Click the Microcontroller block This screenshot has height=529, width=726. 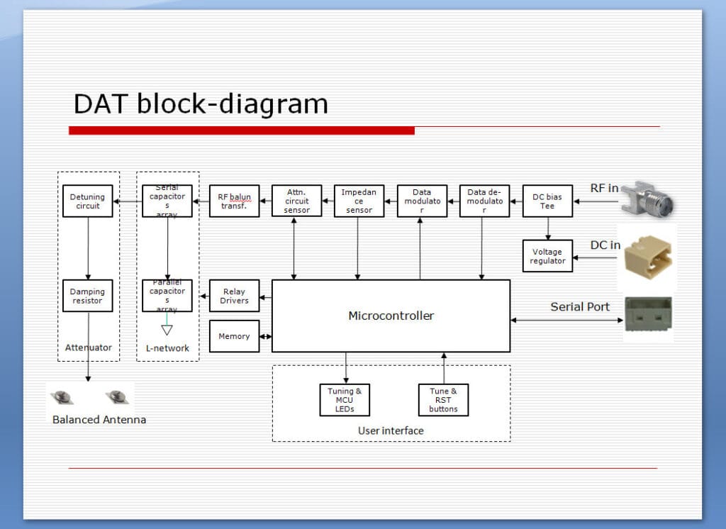click(x=391, y=316)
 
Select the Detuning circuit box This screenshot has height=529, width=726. click(x=87, y=201)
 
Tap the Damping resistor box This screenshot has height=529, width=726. click(x=87, y=296)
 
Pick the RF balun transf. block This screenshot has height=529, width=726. click(x=234, y=201)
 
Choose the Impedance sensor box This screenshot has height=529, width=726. click(x=359, y=201)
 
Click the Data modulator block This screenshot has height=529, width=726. click(x=422, y=201)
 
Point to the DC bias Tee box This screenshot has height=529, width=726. click(x=547, y=201)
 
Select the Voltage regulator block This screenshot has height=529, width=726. click(x=547, y=256)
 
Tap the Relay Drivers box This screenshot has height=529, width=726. click(x=234, y=296)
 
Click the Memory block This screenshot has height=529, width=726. click(x=234, y=336)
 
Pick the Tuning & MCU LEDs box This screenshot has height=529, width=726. click(x=345, y=400)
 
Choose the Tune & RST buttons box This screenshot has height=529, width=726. click(x=443, y=400)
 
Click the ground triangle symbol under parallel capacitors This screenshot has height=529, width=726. click(x=167, y=330)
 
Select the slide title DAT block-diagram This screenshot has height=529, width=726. click(x=201, y=104)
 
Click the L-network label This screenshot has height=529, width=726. click(x=167, y=348)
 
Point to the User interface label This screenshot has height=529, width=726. click(x=391, y=430)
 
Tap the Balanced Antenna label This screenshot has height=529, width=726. click(x=99, y=419)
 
